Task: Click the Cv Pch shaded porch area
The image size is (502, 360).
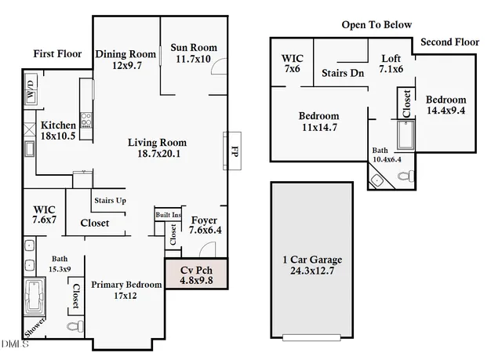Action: (196, 274)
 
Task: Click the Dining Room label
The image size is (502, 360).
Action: (126, 54)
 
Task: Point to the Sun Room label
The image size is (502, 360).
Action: (194, 48)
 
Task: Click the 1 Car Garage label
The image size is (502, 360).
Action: (312, 260)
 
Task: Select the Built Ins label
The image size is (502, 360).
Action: (168, 214)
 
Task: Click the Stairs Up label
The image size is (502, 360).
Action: (111, 201)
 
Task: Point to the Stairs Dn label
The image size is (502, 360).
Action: (343, 73)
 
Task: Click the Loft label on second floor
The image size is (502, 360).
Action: (391, 59)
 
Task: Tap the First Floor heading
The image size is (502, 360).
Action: (57, 53)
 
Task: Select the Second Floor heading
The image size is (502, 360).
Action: (449, 41)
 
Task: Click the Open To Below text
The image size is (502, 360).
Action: (376, 25)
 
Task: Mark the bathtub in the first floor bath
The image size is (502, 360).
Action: (35, 296)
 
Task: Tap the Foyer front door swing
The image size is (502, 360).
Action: (206, 249)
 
